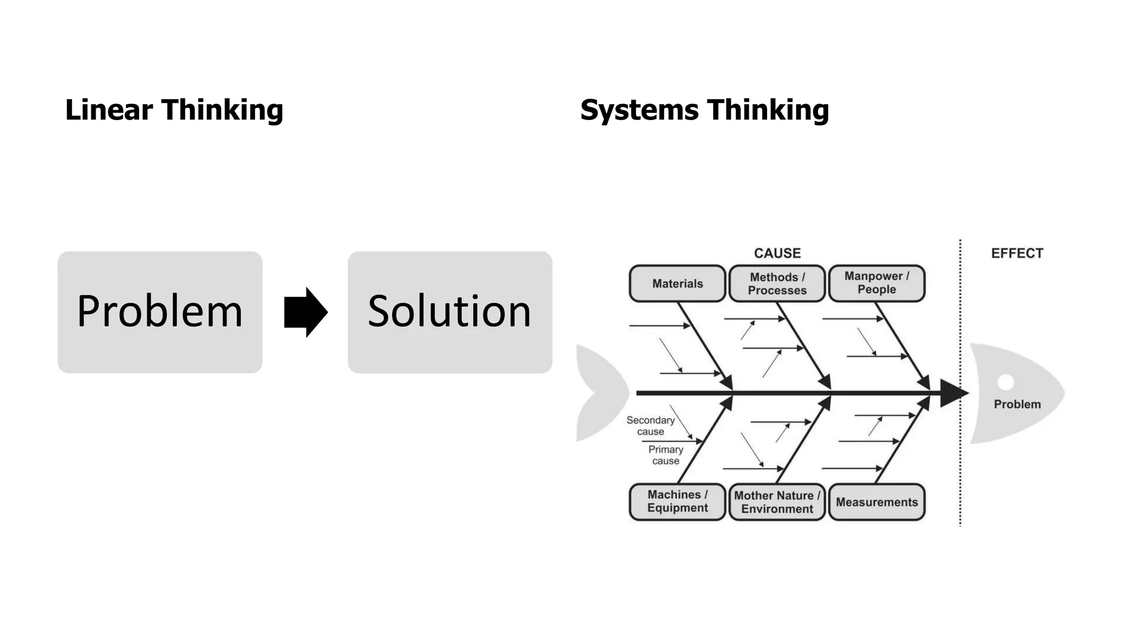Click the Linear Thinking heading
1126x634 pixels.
pos(174,110)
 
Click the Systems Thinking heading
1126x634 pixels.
pos(704,110)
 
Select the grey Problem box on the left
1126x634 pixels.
pos(160,312)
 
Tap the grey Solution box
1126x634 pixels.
pos(450,312)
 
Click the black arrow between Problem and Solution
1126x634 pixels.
pos(306,312)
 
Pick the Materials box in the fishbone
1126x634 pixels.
pos(677,283)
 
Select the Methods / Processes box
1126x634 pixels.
pos(777,283)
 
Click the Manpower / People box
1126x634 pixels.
pos(876,283)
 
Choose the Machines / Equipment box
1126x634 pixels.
pos(677,501)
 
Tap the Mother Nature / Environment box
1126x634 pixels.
pos(777,502)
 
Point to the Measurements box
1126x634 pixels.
pos(876,502)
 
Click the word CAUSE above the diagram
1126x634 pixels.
pos(777,253)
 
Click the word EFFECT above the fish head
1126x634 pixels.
pos(1017,253)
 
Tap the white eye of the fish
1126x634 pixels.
pos(1006,381)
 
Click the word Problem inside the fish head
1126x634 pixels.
pos(1017,405)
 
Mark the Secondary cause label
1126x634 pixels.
pos(650,425)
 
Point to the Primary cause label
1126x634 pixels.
pos(665,455)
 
